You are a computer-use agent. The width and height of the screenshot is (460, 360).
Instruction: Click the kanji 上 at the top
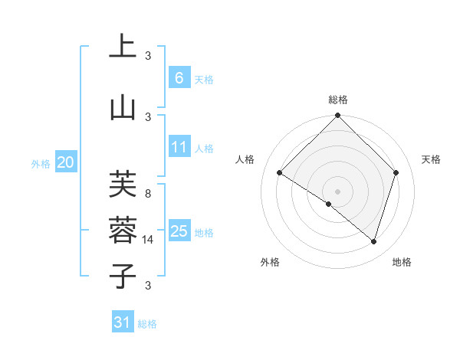pos(123,47)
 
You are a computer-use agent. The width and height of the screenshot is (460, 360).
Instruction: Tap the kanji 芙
pos(123,185)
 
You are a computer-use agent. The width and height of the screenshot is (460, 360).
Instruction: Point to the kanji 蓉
pos(123,229)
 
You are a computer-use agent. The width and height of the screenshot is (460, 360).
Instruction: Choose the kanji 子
pos(123,276)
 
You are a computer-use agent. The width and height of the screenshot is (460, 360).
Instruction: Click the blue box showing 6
pos(179,78)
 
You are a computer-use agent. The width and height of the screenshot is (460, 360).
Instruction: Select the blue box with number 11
pos(179,147)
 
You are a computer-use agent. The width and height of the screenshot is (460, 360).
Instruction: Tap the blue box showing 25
pos(179,231)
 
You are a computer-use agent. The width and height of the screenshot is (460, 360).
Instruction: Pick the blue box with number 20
pos(66,162)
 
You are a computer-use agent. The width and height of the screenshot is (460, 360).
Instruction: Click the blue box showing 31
pos(123,322)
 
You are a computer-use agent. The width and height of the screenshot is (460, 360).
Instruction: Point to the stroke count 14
pos(149,240)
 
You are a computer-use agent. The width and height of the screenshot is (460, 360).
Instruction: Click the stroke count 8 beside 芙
pos(148,194)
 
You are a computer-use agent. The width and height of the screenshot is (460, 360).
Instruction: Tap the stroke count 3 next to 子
pos(148,286)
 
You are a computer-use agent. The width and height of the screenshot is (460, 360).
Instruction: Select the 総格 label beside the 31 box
pos(147,324)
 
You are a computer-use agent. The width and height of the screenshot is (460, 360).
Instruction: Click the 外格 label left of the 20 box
pos(41,163)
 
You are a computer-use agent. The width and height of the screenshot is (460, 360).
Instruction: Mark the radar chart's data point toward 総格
pos(337,116)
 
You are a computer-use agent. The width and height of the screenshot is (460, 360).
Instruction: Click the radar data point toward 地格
pos(373,241)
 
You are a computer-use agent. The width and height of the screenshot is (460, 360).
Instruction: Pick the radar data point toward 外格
pos(329,204)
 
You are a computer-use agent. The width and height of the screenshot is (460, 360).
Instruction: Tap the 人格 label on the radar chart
pos(245,159)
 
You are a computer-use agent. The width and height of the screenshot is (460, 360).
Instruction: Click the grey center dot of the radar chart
pos(337,191)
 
